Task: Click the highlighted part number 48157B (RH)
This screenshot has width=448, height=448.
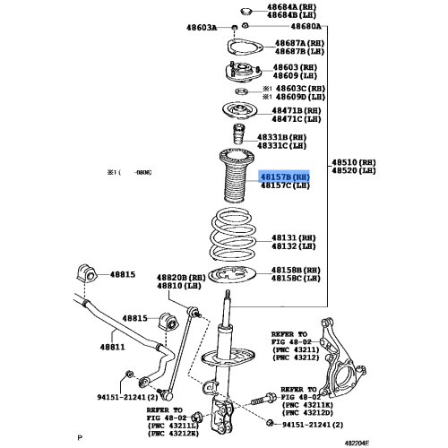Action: tap(284, 178)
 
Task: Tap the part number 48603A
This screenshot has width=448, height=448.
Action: tap(202, 28)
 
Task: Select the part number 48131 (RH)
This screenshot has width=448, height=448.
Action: tap(294, 237)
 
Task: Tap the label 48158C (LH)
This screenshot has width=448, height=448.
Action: tap(296, 278)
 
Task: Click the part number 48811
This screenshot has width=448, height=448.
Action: tap(111, 348)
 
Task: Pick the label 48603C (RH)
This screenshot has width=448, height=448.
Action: tap(301, 89)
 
